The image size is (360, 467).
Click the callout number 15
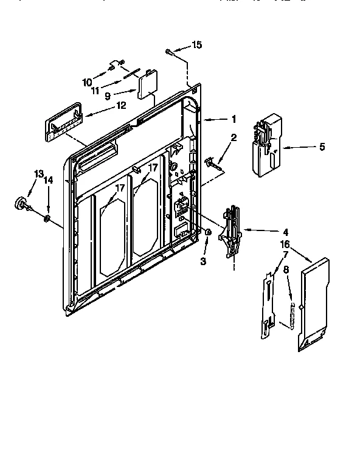(196, 45)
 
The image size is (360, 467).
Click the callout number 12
(122, 105)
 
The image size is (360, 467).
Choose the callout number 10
(87, 81)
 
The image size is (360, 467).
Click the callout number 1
(234, 119)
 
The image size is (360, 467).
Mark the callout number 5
(322, 147)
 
